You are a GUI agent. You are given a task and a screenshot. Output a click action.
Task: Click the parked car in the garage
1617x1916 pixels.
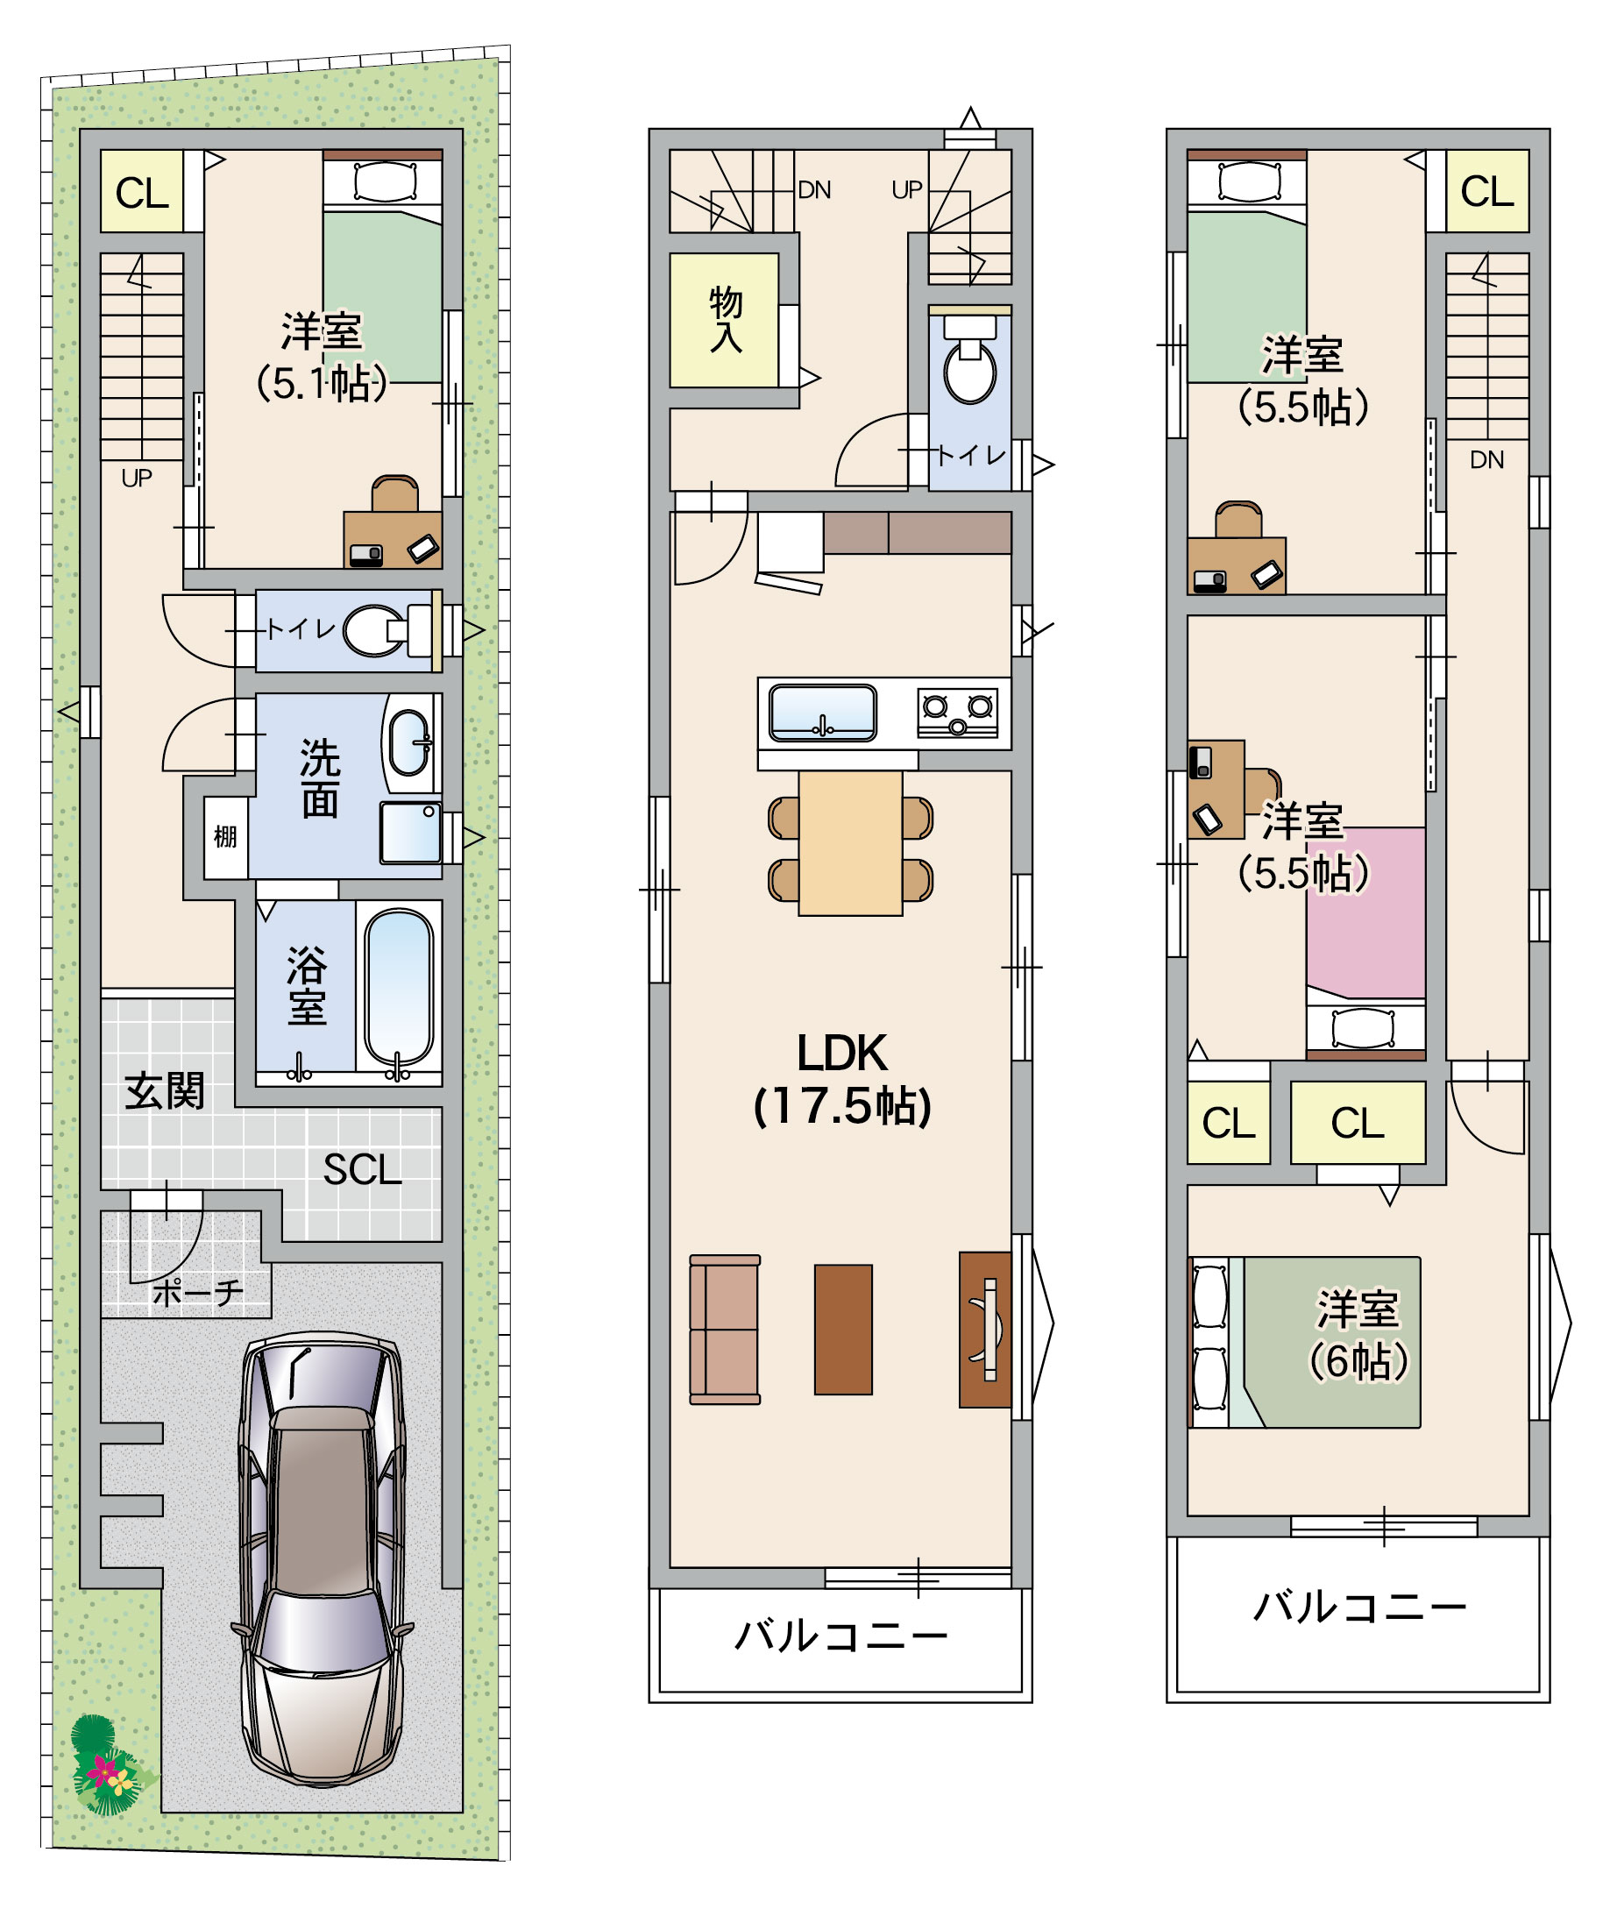[322, 1558]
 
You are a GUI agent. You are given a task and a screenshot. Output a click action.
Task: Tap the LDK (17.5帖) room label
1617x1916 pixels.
[842, 1079]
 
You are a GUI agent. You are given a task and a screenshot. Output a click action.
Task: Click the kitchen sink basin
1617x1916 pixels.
[822, 713]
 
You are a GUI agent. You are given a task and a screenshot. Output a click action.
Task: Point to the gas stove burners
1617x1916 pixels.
[957, 713]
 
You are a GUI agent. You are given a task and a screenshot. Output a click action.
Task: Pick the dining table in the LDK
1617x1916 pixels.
[851, 842]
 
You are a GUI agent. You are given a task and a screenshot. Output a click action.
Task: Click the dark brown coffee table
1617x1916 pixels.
[843, 1330]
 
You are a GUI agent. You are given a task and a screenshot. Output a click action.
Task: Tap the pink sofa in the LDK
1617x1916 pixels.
[725, 1330]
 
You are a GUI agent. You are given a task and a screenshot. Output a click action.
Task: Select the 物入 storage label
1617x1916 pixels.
[725, 319]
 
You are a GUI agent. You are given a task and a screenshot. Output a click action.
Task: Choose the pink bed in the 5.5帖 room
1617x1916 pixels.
[1365, 913]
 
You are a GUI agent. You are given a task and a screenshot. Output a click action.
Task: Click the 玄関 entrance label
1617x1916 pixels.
[165, 1092]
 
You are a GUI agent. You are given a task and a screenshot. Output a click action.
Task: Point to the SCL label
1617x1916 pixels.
[362, 1170]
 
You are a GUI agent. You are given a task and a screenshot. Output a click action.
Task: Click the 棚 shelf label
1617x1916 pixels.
[224, 836]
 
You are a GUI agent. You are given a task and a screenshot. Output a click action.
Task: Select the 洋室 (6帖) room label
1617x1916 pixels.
[1358, 1336]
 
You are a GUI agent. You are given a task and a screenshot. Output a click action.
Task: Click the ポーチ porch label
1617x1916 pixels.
[198, 1294]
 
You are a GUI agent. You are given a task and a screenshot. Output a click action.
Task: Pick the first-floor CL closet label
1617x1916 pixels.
[142, 194]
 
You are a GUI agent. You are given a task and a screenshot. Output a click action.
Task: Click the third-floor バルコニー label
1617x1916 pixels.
[1359, 1607]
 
